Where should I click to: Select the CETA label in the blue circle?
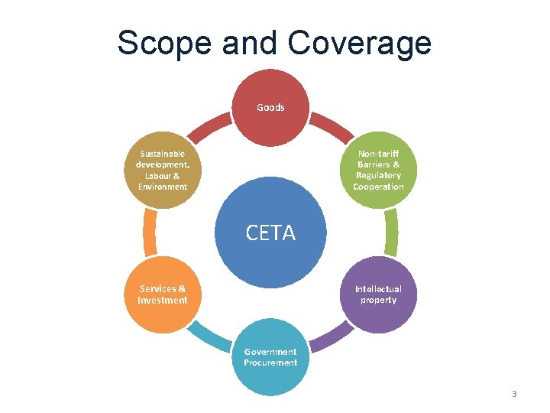(x=270, y=233)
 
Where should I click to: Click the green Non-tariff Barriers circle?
(x=378, y=170)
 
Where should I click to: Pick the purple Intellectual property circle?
(x=378, y=294)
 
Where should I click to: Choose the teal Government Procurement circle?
(x=270, y=359)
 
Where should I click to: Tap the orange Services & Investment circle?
(x=163, y=294)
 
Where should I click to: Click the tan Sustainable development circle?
(x=163, y=170)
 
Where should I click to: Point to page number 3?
(x=514, y=394)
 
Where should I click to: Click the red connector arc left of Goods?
(x=209, y=127)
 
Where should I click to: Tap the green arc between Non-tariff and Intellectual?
(x=391, y=233)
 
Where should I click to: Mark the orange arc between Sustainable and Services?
(x=150, y=233)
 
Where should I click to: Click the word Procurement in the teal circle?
(x=270, y=363)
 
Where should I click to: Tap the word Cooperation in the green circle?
(x=378, y=187)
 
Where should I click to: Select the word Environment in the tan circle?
(x=163, y=187)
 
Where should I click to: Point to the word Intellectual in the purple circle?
(x=378, y=289)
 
